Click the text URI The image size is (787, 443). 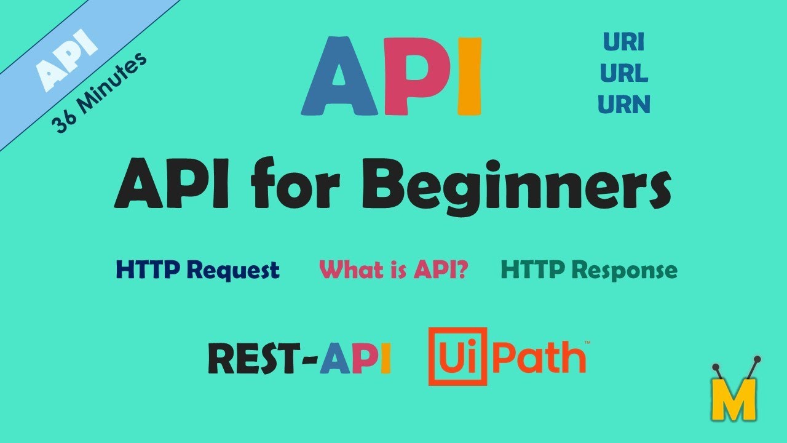623,42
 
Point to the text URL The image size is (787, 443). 623,74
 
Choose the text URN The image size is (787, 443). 623,105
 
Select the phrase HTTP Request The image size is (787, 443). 197,269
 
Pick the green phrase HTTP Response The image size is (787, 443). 589,269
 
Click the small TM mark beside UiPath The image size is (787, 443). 587,342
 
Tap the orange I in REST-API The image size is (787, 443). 385,359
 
